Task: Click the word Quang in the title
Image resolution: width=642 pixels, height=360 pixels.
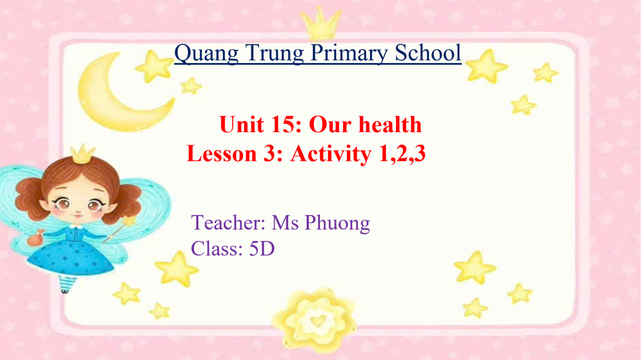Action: [x=206, y=53]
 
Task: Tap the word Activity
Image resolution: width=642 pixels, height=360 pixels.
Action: [x=331, y=154]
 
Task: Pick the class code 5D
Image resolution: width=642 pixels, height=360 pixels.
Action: [x=262, y=249]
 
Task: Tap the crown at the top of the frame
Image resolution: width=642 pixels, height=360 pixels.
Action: [x=321, y=23]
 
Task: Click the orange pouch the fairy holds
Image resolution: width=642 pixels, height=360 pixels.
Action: [x=35, y=238]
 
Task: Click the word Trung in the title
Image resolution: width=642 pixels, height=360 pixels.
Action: [x=275, y=53]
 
